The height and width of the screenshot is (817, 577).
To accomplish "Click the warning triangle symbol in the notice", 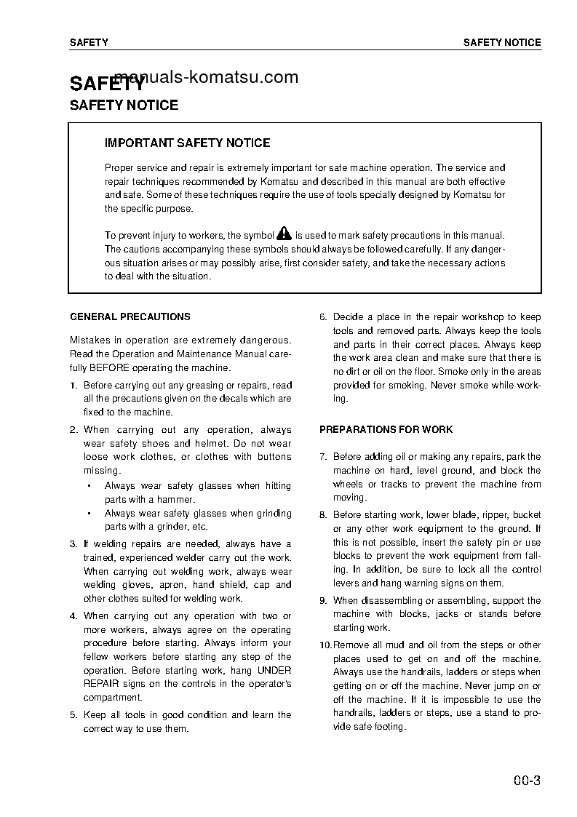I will [x=284, y=234].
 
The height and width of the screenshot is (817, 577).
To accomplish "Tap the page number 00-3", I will [x=526, y=782].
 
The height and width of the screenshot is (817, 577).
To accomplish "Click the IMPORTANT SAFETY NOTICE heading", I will [x=187, y=143].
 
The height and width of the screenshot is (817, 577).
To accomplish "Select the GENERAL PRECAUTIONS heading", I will [x=130, y=317].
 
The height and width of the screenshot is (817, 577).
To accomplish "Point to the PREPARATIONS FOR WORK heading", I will [x=386, y=430].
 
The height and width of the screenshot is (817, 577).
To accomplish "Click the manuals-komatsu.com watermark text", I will [x=207, y=77].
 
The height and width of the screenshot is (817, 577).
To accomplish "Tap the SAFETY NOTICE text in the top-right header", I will [x=502, y=42].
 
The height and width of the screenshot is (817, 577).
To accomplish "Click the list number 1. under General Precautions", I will [x=73, y=386].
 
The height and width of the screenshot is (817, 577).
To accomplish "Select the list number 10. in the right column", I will [x=325, y=645].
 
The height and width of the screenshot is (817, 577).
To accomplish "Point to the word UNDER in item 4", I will [x=274, y=671].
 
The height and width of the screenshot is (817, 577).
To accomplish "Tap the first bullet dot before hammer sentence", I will [x=88, y=486].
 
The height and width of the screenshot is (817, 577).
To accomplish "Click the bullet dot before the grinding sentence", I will [x=88, y=514].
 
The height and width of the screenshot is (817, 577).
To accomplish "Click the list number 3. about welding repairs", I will [x=73, y=544].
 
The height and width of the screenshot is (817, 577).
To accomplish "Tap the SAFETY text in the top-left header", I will [x=89, y=42].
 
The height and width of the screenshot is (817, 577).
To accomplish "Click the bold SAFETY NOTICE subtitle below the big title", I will [x=124, y=105].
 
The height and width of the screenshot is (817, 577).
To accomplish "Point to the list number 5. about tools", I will [x=73, y=715].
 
